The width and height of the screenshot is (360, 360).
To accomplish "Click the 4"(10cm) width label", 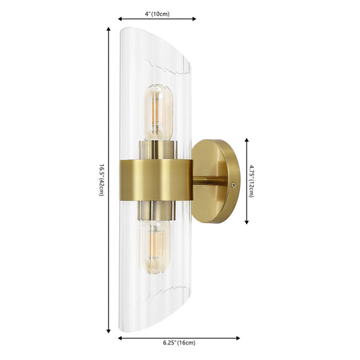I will coord(157,13).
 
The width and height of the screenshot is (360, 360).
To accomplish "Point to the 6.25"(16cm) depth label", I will coord(178,343).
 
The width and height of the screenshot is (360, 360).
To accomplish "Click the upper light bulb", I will coord(157,111).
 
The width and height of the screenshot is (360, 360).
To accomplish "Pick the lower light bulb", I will coord(157,247).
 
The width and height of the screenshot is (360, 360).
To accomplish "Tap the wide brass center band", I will coord(157,179).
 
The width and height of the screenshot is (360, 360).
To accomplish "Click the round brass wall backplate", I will coord(215,181).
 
